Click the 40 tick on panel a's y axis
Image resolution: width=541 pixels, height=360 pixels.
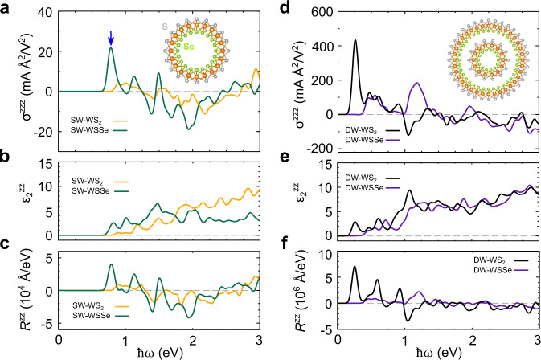coord(45,13)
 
